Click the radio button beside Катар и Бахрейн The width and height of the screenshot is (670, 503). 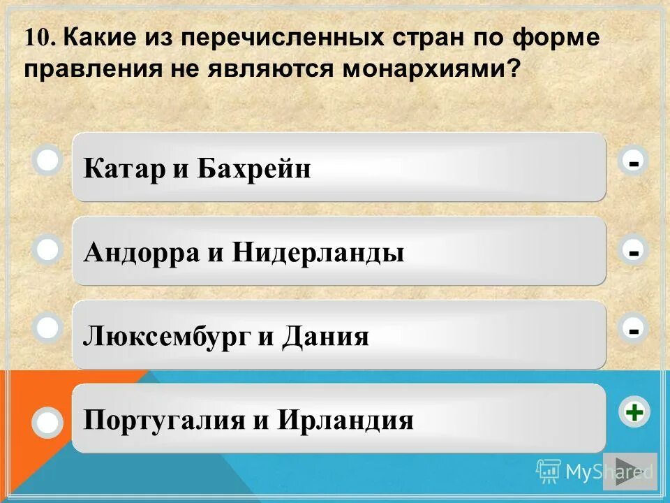pos(47,161)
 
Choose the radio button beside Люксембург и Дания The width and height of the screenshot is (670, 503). pos(47,328)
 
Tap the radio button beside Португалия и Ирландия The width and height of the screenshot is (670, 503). pos(47,422)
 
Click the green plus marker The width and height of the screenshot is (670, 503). pos(634,413)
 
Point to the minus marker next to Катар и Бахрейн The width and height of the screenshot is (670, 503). pos(634,162)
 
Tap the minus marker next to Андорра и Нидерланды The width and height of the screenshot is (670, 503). pos(634,250)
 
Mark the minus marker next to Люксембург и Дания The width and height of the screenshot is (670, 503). pos(634,328)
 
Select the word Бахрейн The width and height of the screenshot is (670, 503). pos(253,168)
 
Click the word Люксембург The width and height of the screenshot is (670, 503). pos(165,337)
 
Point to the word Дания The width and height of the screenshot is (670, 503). pos(325,337)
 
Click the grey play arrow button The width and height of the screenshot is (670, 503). pos(630,471)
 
